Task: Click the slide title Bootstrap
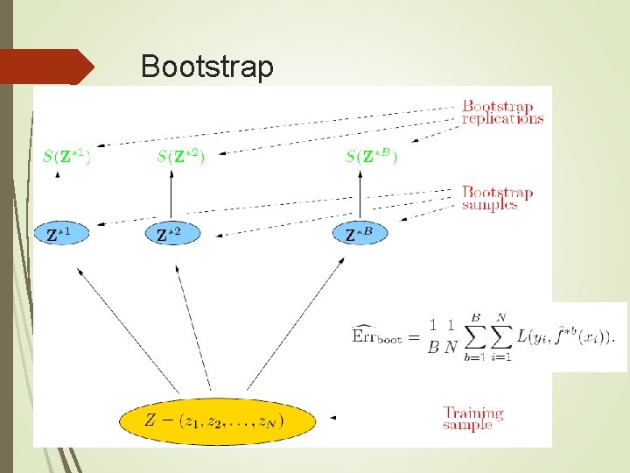pos(206,67)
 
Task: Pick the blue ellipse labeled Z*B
pos(360,234)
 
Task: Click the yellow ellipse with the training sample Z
pos(216,420)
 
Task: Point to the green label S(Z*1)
pos(66,157)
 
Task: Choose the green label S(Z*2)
pos(181,157)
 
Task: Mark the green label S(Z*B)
pos(371,157)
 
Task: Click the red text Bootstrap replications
pos(502,113)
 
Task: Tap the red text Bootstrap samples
pos(497,198)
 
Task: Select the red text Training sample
pos(472,418)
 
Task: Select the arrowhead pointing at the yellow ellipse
pos(332,419)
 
